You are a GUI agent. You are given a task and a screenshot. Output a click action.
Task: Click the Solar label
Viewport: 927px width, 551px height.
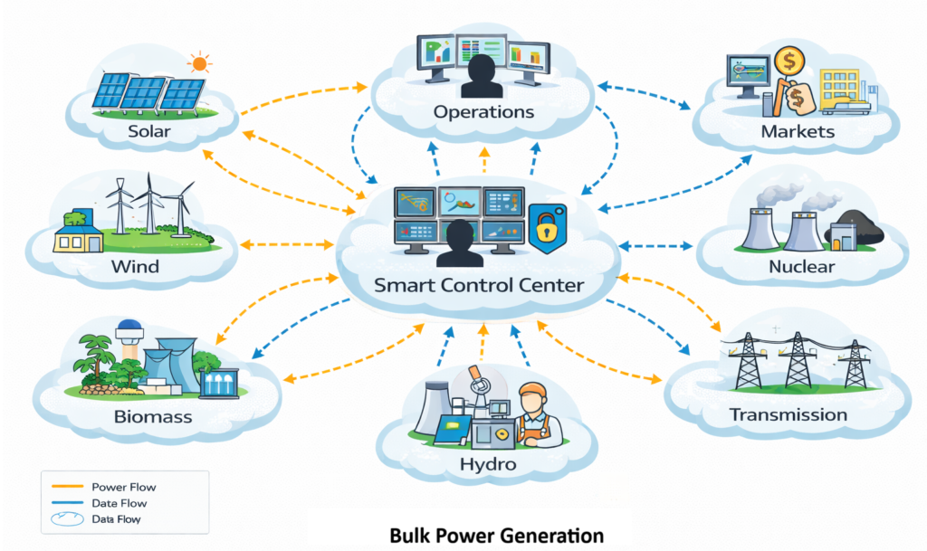click(x=148, y=132)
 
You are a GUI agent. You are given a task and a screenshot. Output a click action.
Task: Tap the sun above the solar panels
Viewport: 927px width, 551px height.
click(x=198, y=63)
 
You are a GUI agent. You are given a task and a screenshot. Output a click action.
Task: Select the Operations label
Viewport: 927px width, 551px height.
click(x=483, y=112)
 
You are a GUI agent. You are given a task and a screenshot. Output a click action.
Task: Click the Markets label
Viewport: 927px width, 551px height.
click(x=797, y=132)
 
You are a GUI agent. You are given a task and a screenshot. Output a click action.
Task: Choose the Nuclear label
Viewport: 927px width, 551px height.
click(x=801, y=266)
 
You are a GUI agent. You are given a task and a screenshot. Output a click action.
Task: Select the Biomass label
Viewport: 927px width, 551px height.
click(x=153, y=417)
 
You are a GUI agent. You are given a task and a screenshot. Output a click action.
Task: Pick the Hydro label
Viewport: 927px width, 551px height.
click(x=487, y=464)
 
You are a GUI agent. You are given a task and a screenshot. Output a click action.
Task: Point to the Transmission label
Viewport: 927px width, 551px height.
click(x=788, y=415)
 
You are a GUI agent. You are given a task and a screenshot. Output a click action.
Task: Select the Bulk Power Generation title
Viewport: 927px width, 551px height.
click(x=496, y=534)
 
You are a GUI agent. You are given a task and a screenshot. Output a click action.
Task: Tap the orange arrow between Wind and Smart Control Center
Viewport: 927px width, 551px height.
click(x=288, y=244)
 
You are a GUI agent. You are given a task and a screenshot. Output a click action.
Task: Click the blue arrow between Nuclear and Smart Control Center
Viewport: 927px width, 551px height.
click(x=655, y=245)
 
